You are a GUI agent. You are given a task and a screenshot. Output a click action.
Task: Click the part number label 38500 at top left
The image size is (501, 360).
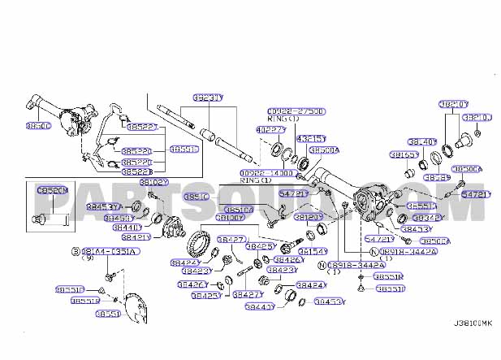pyautogui.click(x=38, y=127)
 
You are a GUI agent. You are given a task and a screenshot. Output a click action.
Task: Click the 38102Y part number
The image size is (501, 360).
pyautogui.click(x=153, y=183)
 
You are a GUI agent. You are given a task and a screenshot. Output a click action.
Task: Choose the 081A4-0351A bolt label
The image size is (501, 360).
pyautogui.click(x=109, y=252)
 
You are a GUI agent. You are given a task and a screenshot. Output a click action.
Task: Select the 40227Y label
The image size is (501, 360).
pyautogui.click(x=270, y=129)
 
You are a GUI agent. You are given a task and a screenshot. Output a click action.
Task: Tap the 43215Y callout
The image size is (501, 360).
pyautogui.click(x=309, y=139)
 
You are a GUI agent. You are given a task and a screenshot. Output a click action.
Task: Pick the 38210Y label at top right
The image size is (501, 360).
pyautogui.click(x=453, y=104)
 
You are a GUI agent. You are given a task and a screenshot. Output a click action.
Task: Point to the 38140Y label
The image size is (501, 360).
pyautogui.click(x=422, y=141)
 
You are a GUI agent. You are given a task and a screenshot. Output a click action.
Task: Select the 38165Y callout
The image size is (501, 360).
pyautogui.click(x=404, y=154)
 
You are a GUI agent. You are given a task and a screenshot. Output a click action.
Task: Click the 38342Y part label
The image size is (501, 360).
pyautogui.click(x=427, y=218)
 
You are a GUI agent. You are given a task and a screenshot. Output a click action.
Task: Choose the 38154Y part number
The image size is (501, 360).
pyautogui.click(x=313, y=252)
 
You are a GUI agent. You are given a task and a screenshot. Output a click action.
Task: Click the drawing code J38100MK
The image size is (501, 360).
pyautogui.click(x=473, y=323)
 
